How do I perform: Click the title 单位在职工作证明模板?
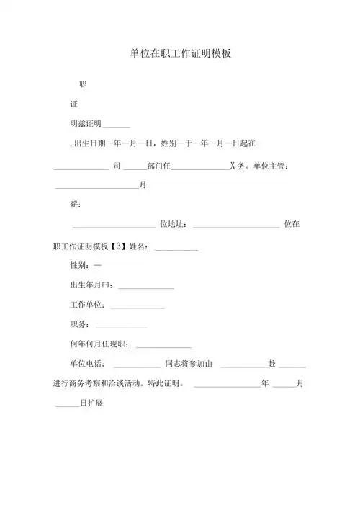(x=180, y=53)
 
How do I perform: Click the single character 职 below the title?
(x=83, y=84)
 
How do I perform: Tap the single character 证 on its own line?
(x=73, y=105)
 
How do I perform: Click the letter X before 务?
(x=232, y=166)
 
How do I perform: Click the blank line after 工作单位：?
(x=138, y=308)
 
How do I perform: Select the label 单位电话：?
(x=89, y=364)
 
